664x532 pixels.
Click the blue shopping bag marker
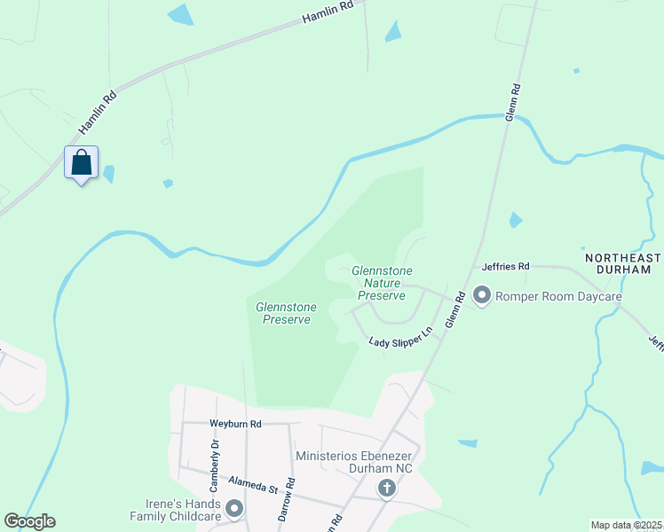tap(81, 163)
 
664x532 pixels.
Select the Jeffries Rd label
tap(505, 266)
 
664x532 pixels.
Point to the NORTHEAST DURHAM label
tap(623, 264)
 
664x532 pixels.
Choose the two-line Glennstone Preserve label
tap(283, 313)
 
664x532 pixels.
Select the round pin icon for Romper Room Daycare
tap(482, 294)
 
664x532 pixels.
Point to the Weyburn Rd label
tap(235, 424)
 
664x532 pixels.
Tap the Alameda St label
tap(253, 483)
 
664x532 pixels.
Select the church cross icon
tap(386, 488)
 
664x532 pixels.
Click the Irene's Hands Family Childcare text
tap(175, 509)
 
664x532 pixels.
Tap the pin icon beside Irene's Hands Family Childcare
tap(234, 509)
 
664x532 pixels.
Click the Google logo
tap(29, 521)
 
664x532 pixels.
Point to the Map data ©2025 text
tap(626, 525)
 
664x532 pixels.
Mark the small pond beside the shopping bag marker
tap(109, 174)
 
